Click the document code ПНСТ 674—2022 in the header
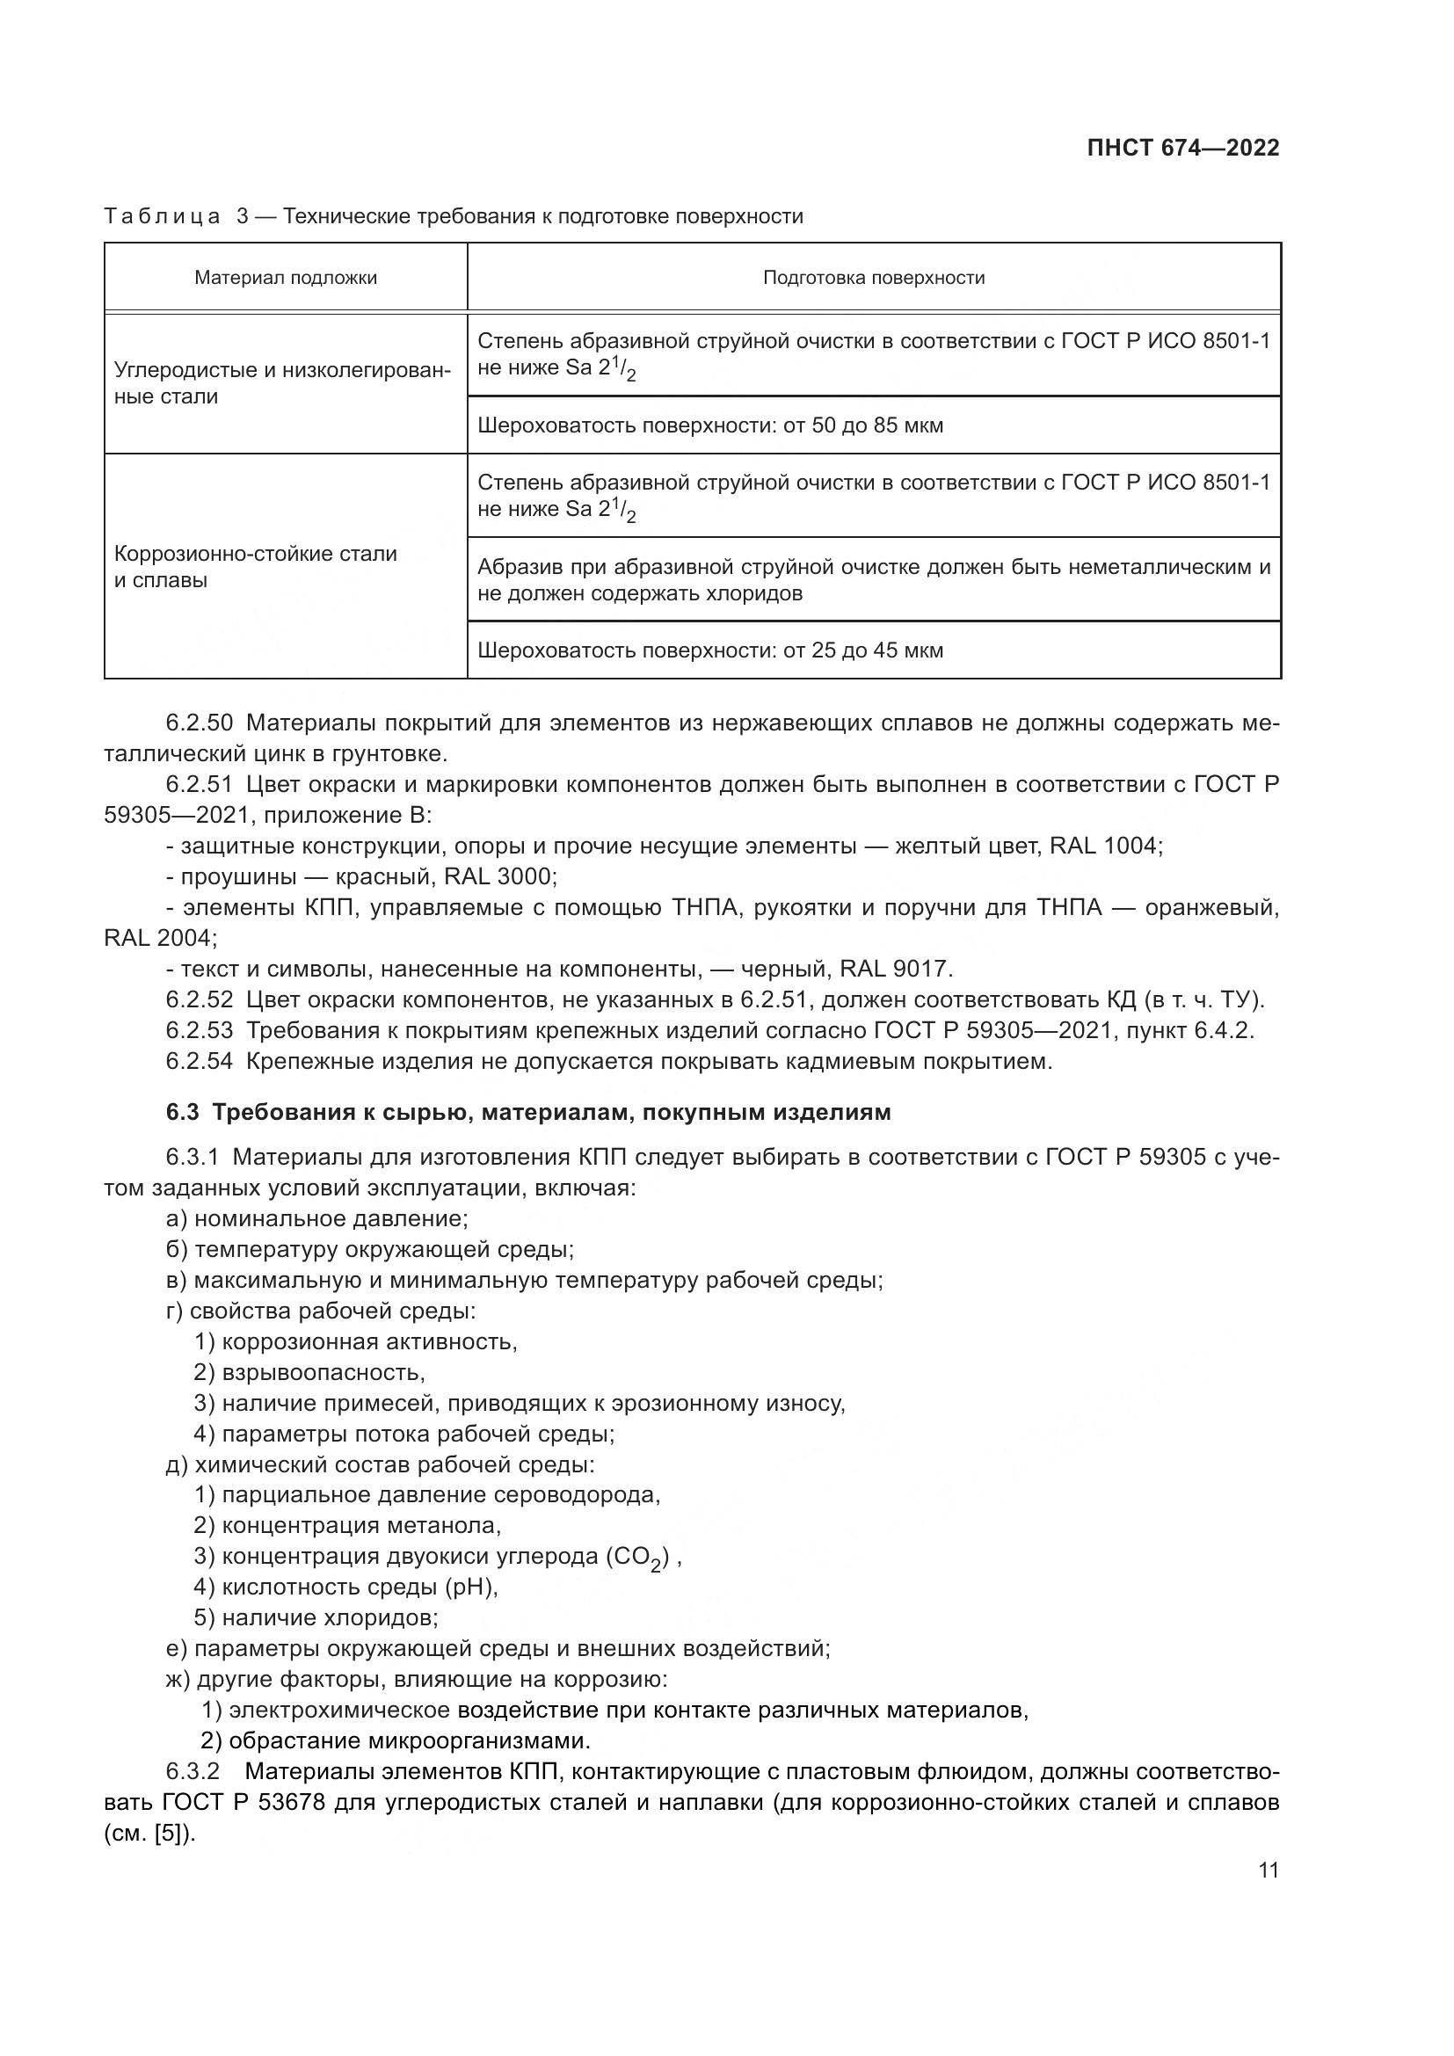pos(1182,149)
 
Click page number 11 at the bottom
pos(1268,1871)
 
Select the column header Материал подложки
pos(286,278)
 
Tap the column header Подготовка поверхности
pos(873,278)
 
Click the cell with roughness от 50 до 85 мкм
pos(710,425)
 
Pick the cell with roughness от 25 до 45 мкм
pos(710,650)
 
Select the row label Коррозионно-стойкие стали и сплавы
pos(255,567)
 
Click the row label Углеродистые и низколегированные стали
pos(282,383)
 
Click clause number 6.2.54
pos(199,1061)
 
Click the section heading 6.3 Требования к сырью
pos(528,1112)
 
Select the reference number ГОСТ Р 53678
pos(244,1802)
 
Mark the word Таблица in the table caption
pos(162,217)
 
